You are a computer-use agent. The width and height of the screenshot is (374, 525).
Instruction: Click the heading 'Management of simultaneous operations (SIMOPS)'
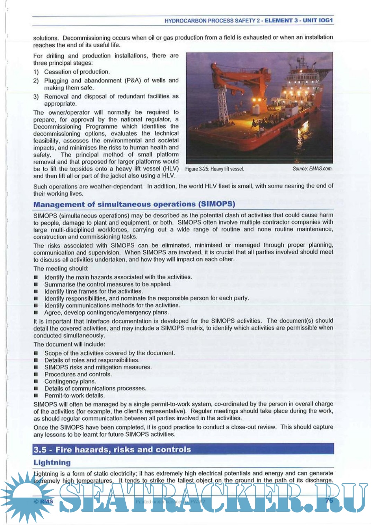tap(134, 204)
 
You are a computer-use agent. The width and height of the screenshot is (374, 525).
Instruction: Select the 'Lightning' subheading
tap(52, 462)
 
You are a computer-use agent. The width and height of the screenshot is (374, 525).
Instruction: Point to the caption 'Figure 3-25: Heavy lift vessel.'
tap(214, 169)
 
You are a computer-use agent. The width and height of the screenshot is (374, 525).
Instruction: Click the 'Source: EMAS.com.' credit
tap(312, 168)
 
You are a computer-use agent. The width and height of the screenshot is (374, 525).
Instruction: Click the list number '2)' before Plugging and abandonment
tap(36, 81)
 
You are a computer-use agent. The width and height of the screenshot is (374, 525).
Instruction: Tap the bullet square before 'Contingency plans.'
tap(36, 382)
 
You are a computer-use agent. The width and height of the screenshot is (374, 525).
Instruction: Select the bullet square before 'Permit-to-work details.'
tap(36, 395)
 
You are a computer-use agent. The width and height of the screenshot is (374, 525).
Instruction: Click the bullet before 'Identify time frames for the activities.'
tap(36, 291)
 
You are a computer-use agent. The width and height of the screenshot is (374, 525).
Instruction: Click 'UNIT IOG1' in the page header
tap(318, 20)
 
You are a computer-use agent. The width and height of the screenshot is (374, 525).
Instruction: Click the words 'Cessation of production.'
tap(77, 72)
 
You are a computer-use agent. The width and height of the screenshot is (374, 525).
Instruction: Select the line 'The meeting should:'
tap(61, 268)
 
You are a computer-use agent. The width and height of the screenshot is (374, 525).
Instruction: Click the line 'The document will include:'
tap(69, 344)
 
